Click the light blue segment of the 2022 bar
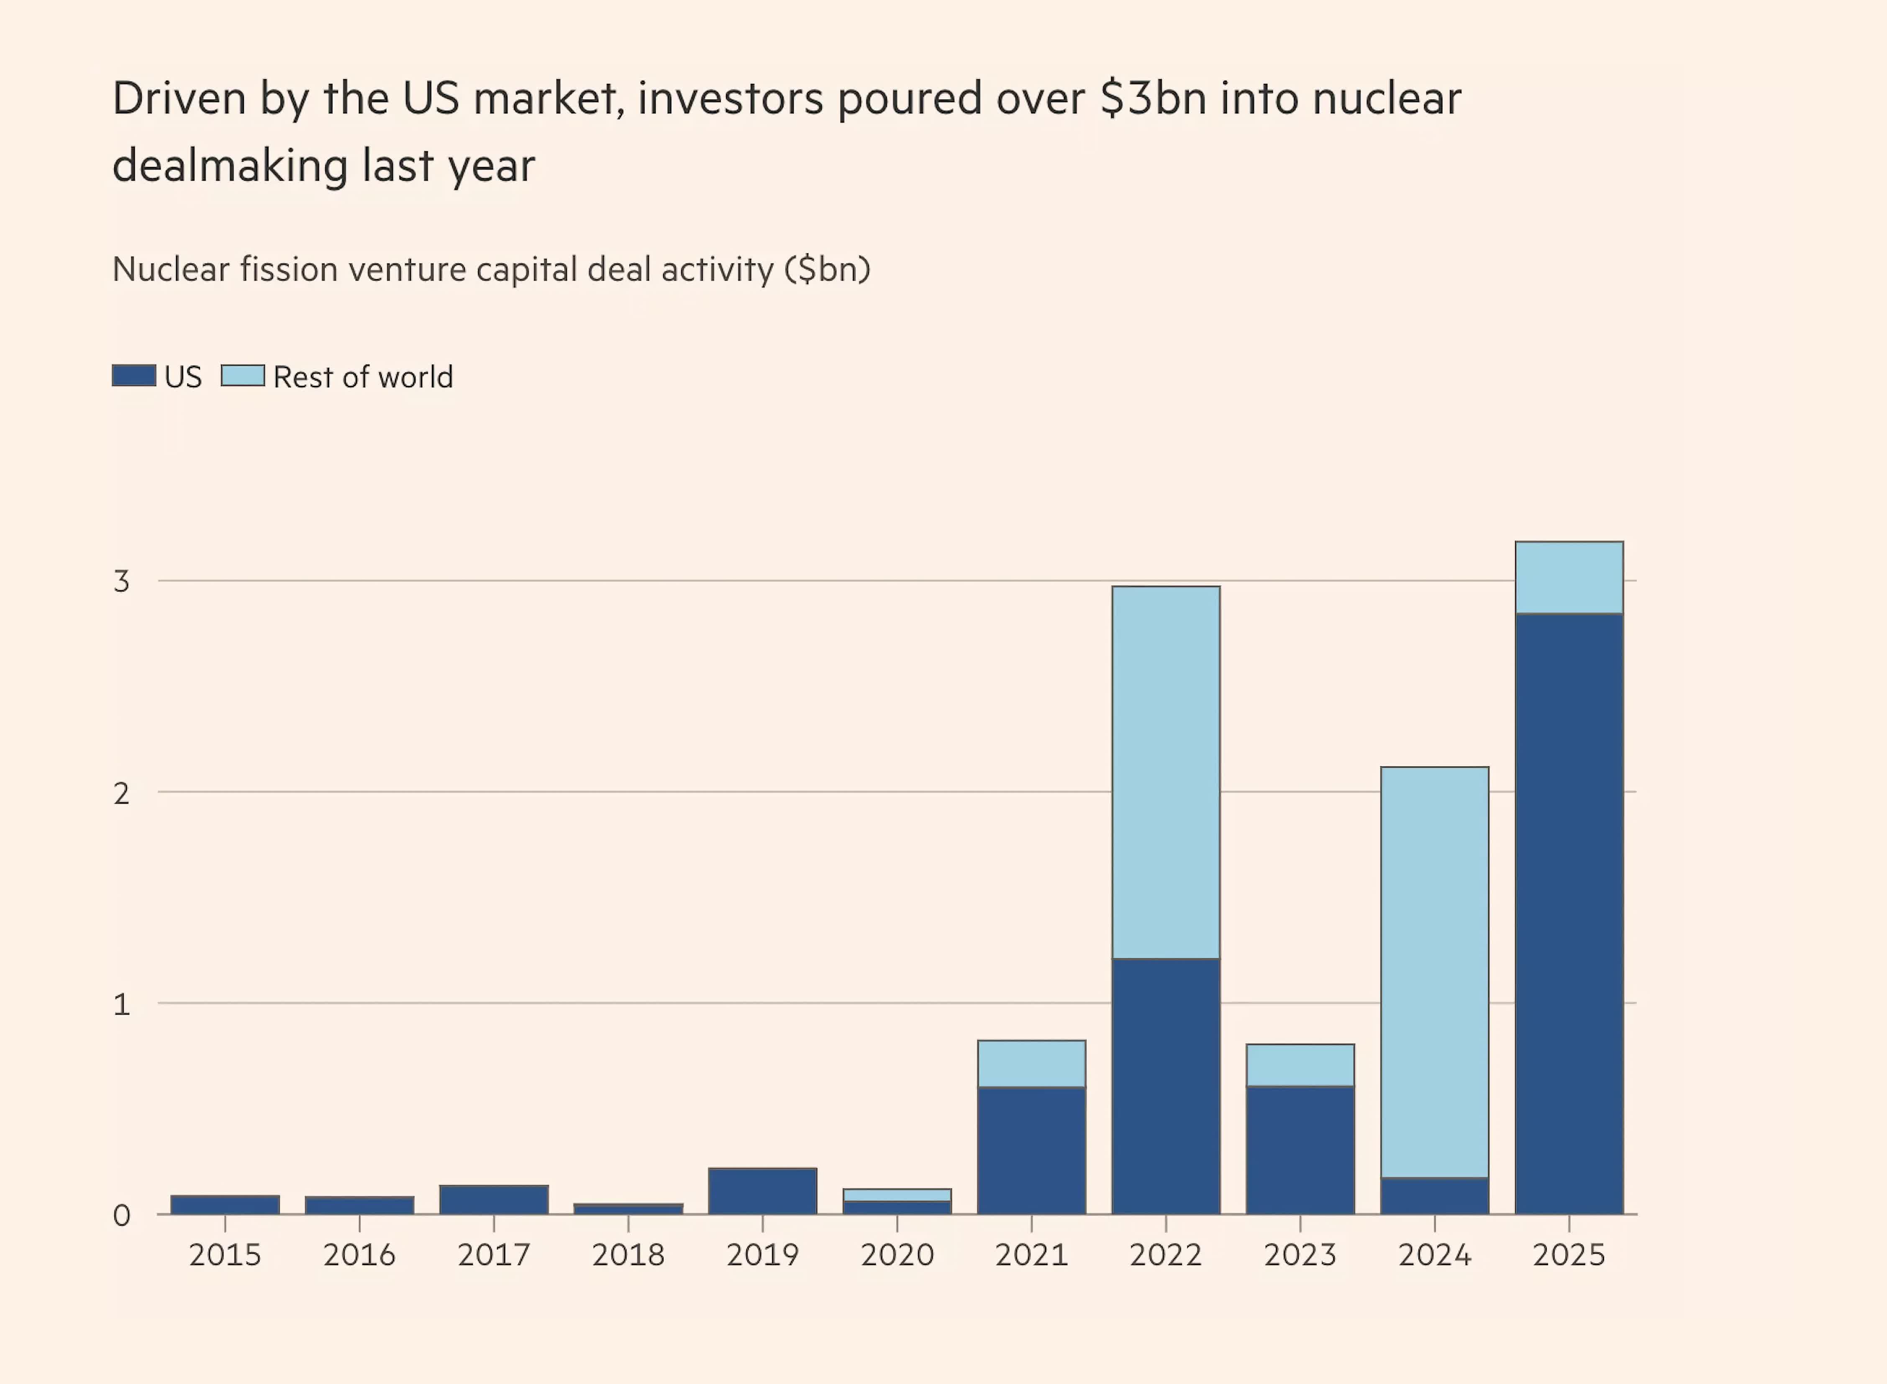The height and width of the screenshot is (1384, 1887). (x=1166, y=772)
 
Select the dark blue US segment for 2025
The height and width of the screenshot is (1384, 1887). (x=1569, y=913)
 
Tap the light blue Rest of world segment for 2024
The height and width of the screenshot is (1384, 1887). (x=1435, y=972)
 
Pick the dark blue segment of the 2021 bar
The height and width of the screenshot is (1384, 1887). (x=1031, y=1150)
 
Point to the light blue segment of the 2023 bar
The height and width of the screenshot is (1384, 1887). (x=1300, y=1065)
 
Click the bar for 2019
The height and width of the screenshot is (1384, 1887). (x=762, y=1190)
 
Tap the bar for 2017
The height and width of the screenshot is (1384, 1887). (x=494, y=1199)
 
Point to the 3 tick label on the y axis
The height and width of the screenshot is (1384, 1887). (x=121, y=581)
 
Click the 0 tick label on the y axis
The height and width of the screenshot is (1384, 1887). (x=121, y=1215)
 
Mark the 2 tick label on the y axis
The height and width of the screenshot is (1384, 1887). (x=121, y=792)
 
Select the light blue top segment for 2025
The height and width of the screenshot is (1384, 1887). (x=1569, y=577)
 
